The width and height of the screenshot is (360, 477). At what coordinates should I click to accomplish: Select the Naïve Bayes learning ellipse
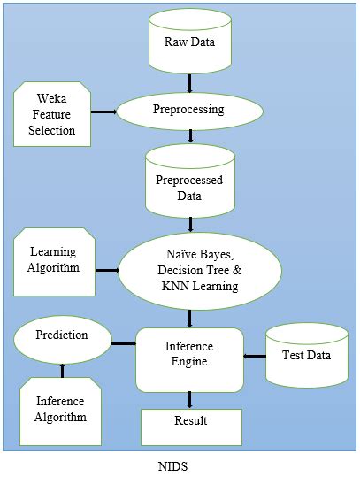pyautogui.click(x=190, y=269)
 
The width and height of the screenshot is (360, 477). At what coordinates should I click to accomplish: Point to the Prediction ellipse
pyautogui.click(x=62, y=335)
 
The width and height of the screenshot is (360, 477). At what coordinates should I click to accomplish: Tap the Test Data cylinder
pyautogui.click(x=306, y=355)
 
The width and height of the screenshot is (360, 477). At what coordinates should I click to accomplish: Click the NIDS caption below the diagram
pyautogui.click(x=180, y=464)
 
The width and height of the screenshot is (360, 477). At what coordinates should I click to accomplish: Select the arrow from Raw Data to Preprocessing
pyautogui.click(x=190, y=84)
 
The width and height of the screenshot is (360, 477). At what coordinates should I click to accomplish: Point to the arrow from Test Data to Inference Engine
pyautogui.click(x=256, y=357)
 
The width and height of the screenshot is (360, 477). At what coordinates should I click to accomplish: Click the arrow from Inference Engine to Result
pyautogui.click(x=190, y=400)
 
